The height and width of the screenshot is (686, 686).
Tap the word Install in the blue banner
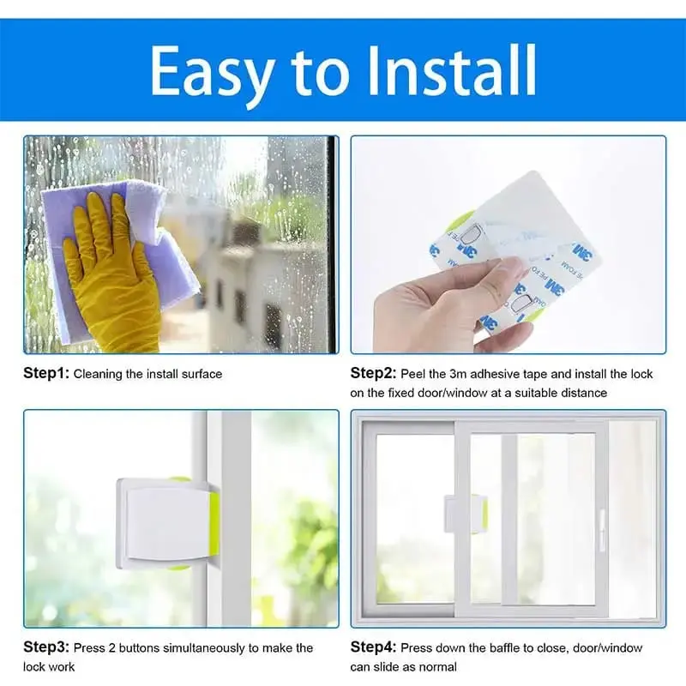pyautogui.click(x=452, y=70)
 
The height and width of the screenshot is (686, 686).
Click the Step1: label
pyautogui.click(x=46, y=373)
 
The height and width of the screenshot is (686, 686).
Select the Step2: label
pyautogui.click(x=373, y=373)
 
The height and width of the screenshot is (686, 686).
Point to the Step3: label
pyautogui.click(x=46, y=647)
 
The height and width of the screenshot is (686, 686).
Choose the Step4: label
pyautogui.click(x=373, y=647)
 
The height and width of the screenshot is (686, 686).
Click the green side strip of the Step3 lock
pyautogui.click(x=215, y=524)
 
